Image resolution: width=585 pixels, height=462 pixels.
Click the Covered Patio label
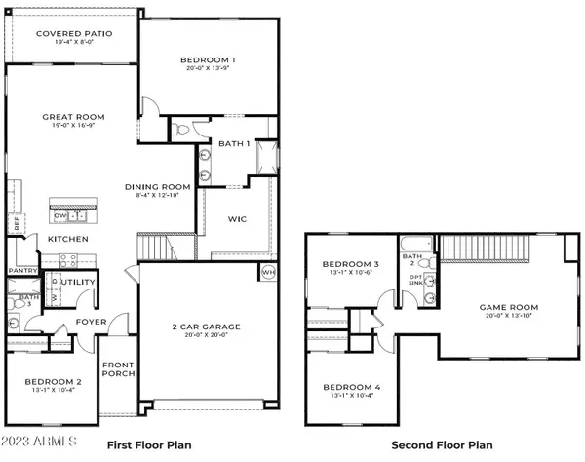tap(74, 33)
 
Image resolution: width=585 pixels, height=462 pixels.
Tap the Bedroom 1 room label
tap(209, 60)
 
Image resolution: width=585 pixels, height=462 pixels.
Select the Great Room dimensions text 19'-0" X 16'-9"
tap(72, 127)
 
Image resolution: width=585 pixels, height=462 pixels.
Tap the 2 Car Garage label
tap(206, 327)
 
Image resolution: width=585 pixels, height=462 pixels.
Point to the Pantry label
tap(21, 272)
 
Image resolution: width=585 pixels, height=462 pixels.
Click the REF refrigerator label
tap(17, 223)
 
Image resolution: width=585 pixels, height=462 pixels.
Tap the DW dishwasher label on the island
tap(60, 216)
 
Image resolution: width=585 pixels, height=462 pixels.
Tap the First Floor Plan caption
tap(149, 444)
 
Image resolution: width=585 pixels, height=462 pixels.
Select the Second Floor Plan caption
tap(436, 444)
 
